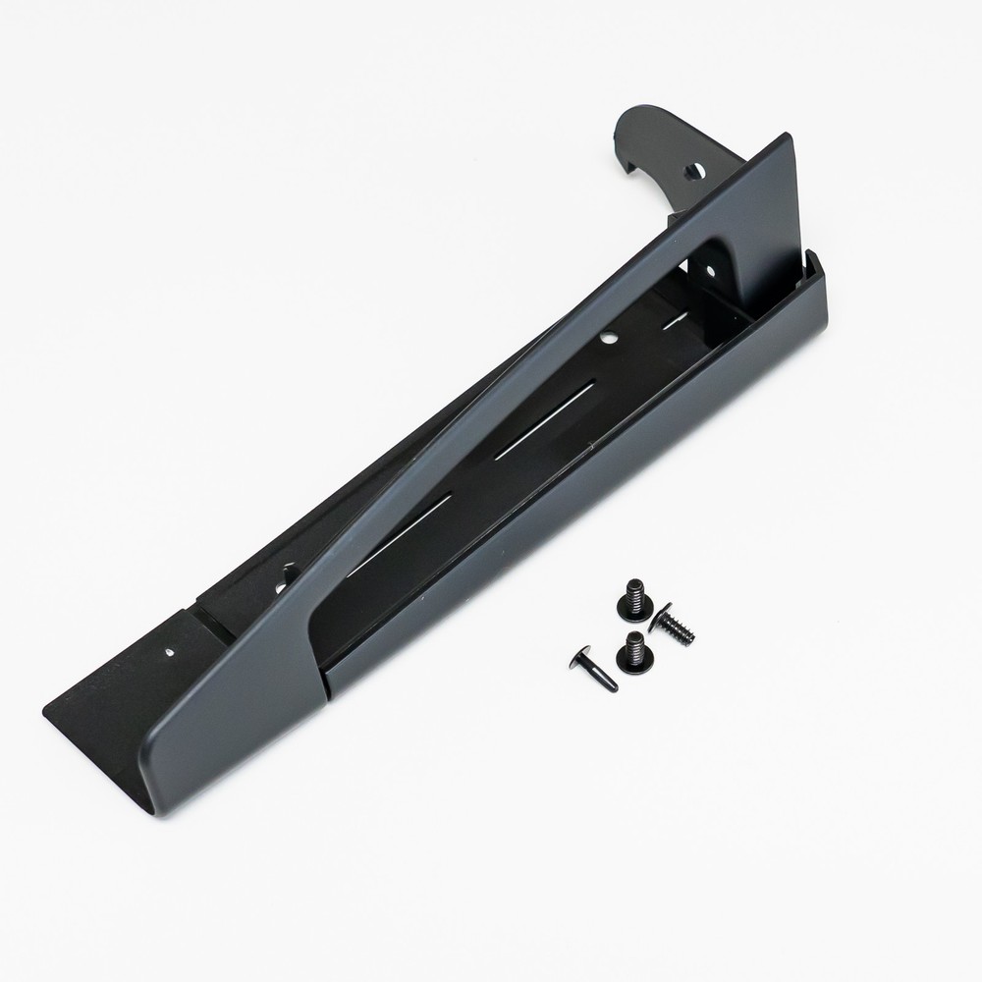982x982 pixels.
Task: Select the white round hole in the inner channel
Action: tap(608, 338)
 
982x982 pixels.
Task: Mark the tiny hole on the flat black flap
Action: tap(171, 649)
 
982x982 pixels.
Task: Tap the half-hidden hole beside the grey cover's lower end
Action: tap(289, 572)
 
